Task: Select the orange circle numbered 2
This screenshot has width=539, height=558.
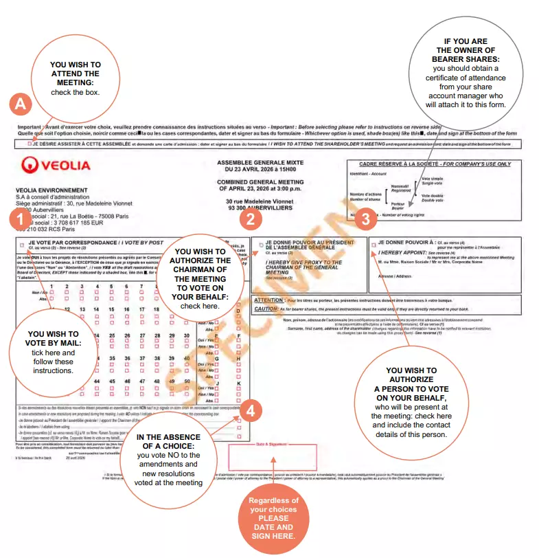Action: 251,219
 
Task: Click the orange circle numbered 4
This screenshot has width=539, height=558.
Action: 251,411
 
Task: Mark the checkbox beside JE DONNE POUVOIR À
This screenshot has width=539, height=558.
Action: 373,244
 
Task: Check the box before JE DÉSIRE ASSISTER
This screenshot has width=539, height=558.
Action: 29,144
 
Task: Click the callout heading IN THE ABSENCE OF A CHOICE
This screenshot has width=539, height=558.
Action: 168,442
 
